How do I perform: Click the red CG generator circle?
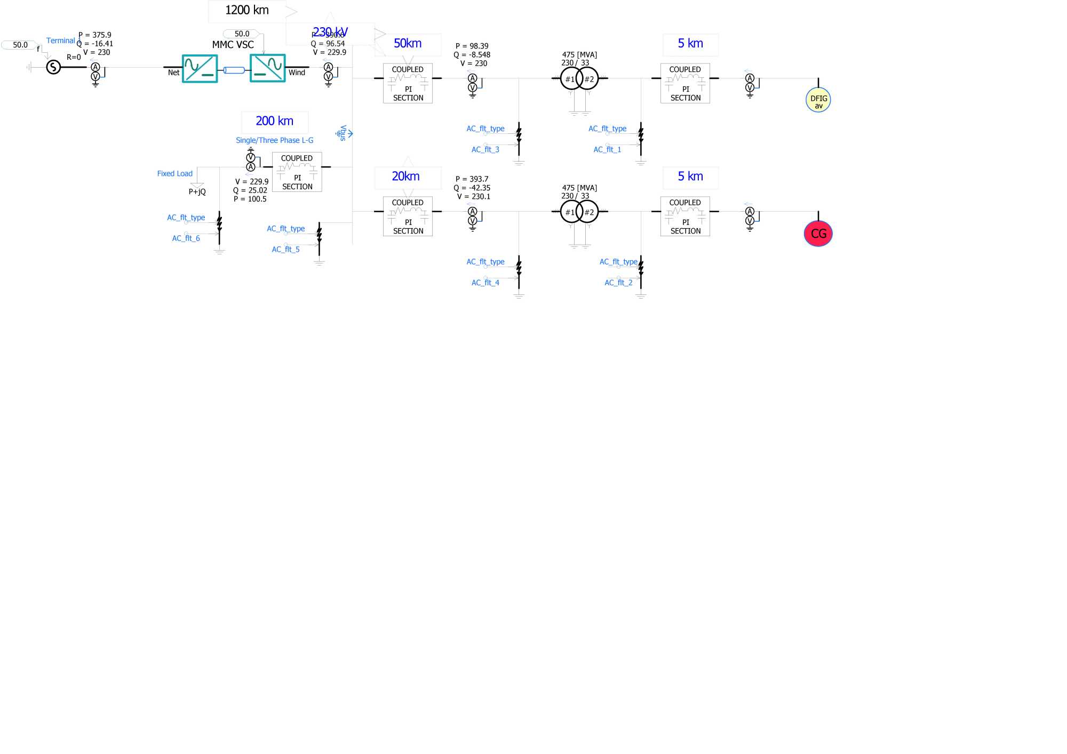818,234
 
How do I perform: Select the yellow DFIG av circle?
818,100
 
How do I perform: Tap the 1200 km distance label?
246,10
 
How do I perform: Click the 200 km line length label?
274,121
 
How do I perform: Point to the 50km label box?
408,44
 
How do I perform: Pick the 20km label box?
406,177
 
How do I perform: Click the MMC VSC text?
233,45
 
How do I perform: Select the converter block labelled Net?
200,69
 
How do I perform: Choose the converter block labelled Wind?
267,68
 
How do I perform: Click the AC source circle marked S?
53,67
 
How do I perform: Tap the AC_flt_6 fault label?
186,238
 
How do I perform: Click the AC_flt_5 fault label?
285,250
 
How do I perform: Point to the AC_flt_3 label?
485,150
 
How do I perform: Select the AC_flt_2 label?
618,283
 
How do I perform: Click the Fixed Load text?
174,174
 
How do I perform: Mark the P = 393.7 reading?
472,179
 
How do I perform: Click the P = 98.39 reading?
472,46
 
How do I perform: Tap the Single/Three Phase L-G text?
274,140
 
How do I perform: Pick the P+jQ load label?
197,192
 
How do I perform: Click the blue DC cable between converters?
234,70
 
